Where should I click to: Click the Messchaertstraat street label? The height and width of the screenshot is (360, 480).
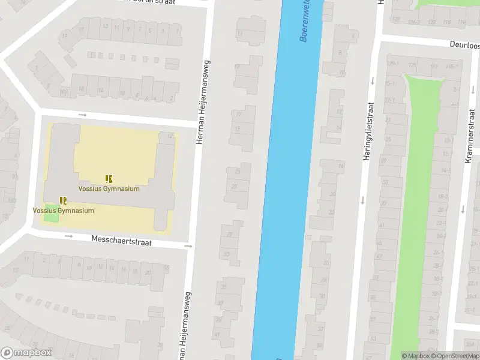coord(121,242)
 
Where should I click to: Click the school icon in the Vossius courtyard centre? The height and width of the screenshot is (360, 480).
coord(109,179)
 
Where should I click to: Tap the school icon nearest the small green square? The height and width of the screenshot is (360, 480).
coord(63,200)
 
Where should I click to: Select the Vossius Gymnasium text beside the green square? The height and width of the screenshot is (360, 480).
coord(63,211)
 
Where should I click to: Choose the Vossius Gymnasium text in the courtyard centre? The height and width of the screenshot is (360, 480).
coord(109,188)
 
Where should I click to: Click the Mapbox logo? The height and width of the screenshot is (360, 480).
coord(25,353)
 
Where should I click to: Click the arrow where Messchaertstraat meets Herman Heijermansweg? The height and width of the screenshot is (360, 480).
coord(188,246)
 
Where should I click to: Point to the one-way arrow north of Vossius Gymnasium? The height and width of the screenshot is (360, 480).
coord(82,115)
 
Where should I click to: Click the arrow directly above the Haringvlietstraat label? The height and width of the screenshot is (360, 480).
coord(372,81)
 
